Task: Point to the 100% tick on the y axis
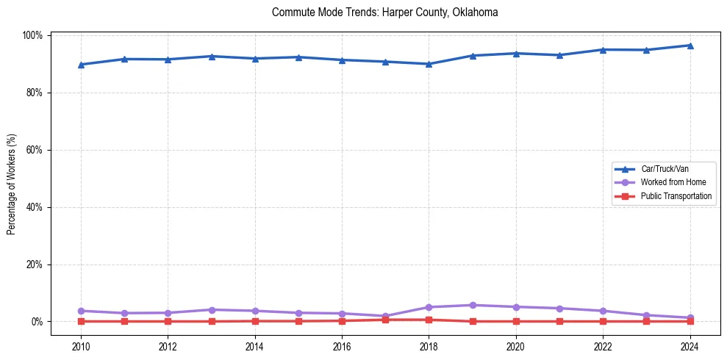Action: point(33,35)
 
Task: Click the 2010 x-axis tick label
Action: point(81,345)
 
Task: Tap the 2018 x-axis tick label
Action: point(429,345)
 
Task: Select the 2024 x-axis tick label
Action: point(690,345)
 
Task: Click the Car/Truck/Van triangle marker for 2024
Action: point(690,46)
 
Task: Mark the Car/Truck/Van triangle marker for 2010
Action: point(81,65)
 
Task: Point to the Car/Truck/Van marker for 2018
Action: point(429,64)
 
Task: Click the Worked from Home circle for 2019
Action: point(472,305)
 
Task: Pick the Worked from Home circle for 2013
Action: point(211,309)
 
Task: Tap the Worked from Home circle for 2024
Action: point(690,317)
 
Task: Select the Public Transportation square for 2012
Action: point(168,321)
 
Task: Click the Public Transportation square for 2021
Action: point(559,321)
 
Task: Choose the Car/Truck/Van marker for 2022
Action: point(603,49)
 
